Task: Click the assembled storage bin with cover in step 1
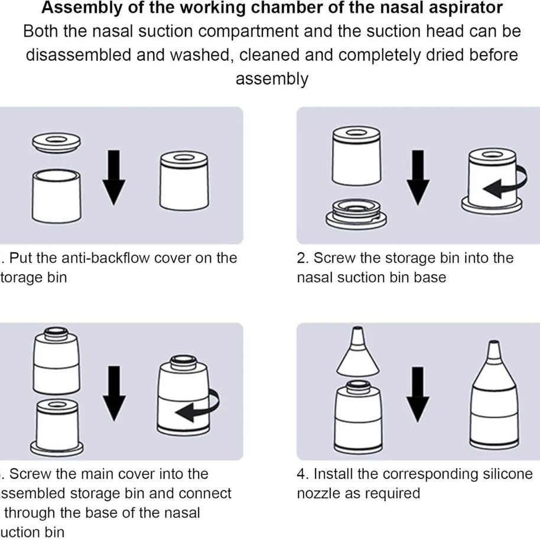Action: click(x=184, y=180)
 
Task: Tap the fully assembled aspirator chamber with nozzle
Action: click(x=495, y=402)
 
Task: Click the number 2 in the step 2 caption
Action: click(x=301, y=258)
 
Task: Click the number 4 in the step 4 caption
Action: click(x=301, y=474)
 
